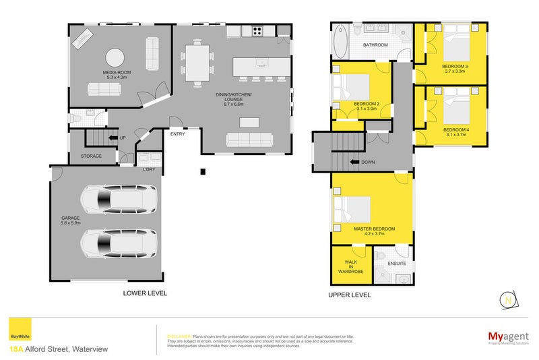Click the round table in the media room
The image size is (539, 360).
click(114, 58)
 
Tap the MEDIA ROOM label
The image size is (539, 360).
click(116, 75)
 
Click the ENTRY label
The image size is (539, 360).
click(178, 134)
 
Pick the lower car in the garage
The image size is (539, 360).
click(118, 243)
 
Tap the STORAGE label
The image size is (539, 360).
click(92, 156)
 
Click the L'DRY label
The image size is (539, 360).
click(149, 169)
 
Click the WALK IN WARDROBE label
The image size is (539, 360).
click(351, 268)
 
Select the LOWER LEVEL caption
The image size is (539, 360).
click(145, 293)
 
